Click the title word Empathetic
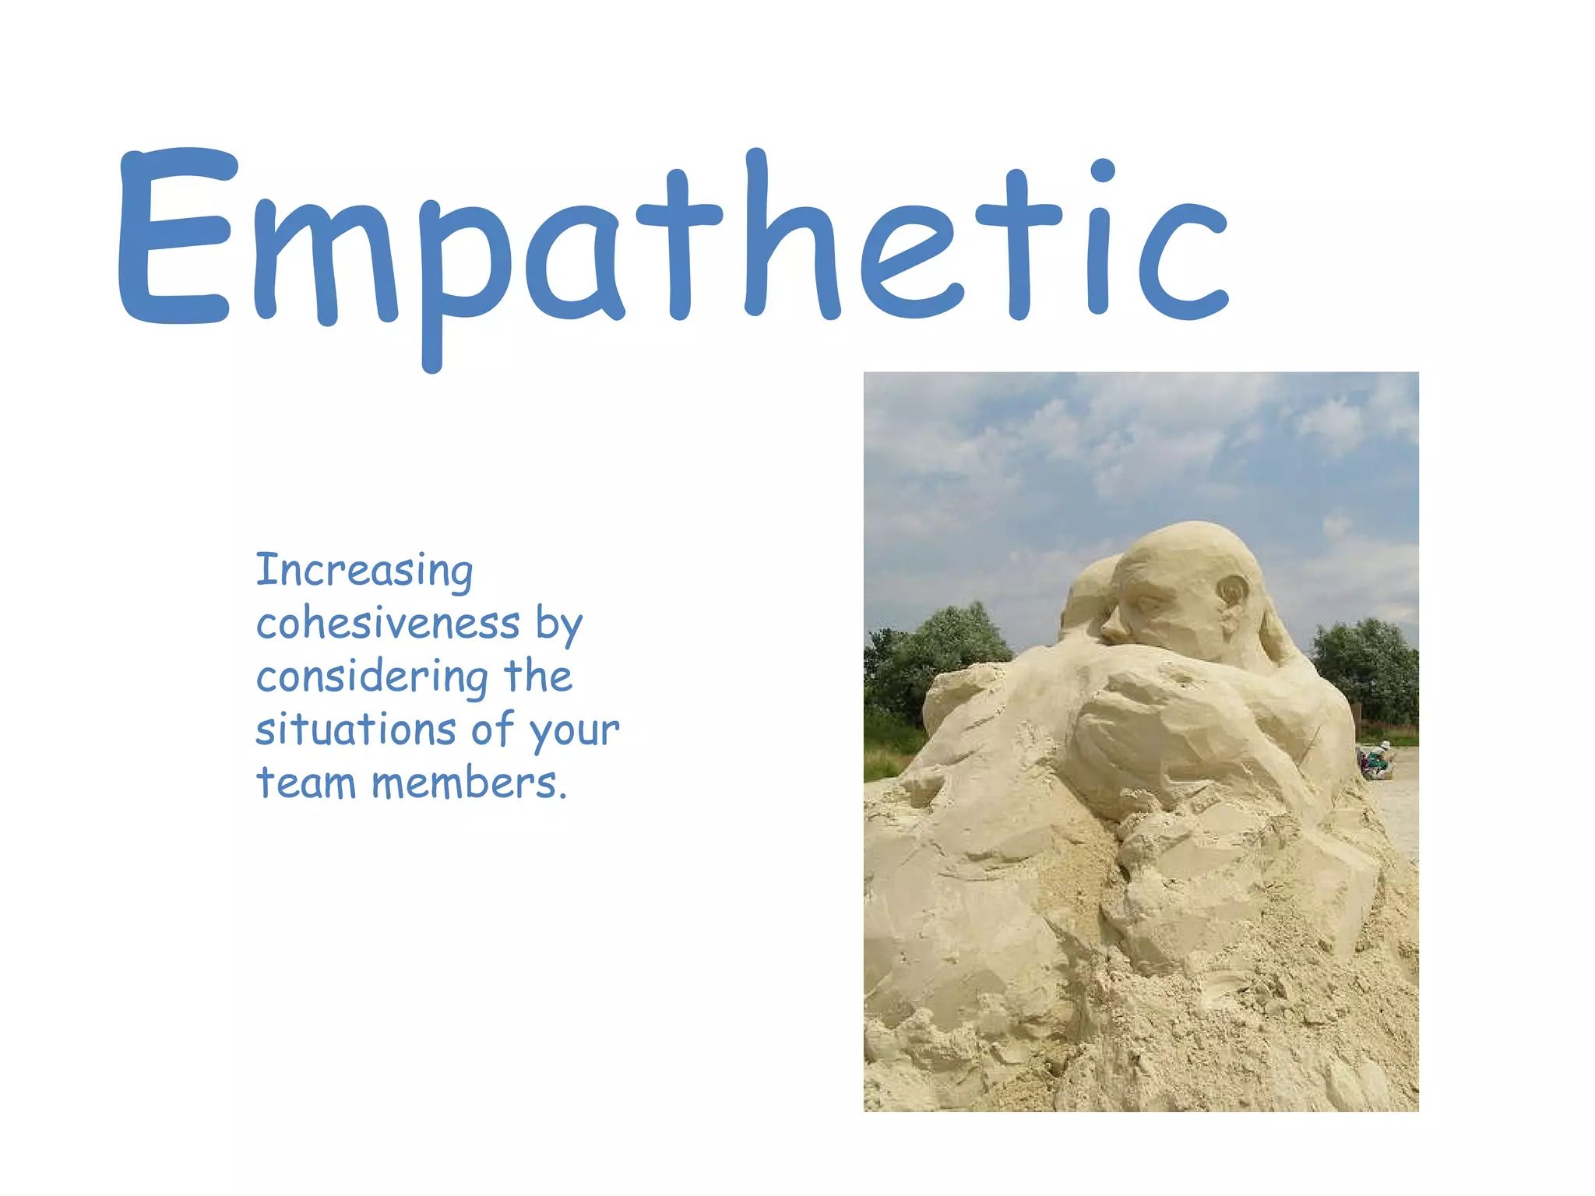674,241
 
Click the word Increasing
364,571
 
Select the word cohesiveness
388,624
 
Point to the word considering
371,677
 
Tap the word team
306,783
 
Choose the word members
465,783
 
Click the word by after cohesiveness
559,625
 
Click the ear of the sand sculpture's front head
1233,592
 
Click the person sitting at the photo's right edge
1377,760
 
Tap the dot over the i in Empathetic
1103,170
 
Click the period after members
562,796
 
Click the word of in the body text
493,730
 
